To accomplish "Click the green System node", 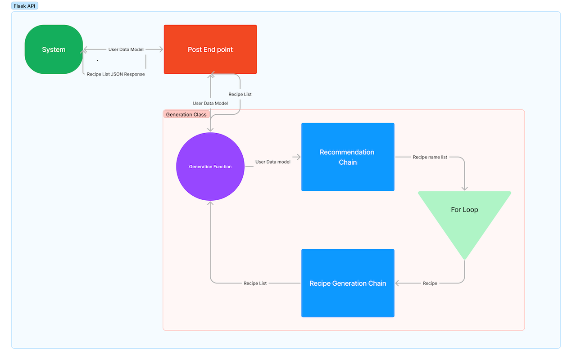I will coord(54,49).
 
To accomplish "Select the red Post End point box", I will coord(210,49).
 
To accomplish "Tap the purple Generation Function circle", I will coord(210,166).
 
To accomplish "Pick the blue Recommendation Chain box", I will coord(348,157).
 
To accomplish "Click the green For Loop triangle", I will coord(464,216).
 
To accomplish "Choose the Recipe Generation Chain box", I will coord(348,283).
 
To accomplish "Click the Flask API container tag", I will coord(25,6).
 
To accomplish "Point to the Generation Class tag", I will coord(186,114).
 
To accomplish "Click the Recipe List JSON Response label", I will coord(116,74).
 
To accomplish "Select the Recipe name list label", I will coord(430,157).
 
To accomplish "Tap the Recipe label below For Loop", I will coord(430,283).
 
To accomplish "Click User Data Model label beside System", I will coord(126,49).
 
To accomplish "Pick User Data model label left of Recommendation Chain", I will coord(272,162).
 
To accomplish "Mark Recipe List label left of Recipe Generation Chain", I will coord(255,283).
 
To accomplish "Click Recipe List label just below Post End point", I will coord(240,94).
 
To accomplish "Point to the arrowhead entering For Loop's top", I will coord(464,188).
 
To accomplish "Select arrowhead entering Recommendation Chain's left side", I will coord(298,157).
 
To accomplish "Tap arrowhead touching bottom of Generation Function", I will coord(210,203).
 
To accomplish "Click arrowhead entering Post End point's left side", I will coord(160,49).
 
